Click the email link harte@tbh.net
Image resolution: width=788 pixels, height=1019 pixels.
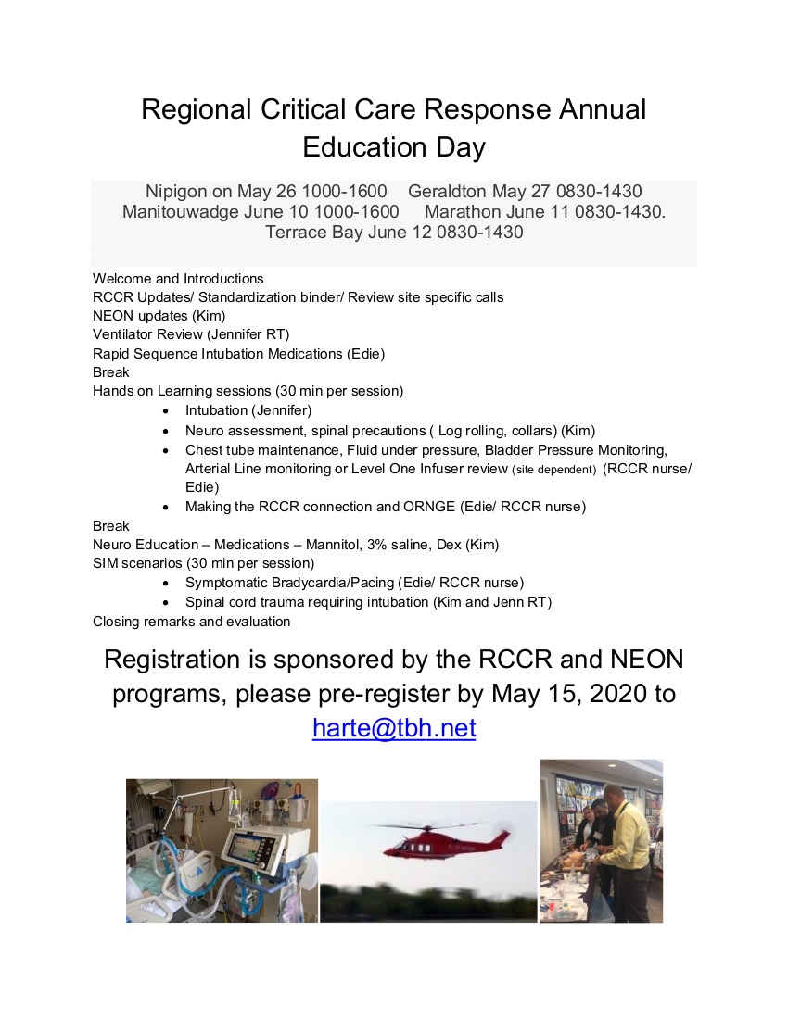click(x=394, y=728)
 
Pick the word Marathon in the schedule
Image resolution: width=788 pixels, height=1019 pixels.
click(x=463, y=211)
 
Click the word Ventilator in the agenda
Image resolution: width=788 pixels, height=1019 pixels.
click(x=122, y=334)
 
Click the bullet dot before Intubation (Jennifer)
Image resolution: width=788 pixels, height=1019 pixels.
click(x=165, y=410)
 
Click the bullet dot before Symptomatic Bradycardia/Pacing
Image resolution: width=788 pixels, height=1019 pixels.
click(x=165, y=583)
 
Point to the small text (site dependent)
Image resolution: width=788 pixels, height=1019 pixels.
click(x=553, y=470)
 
